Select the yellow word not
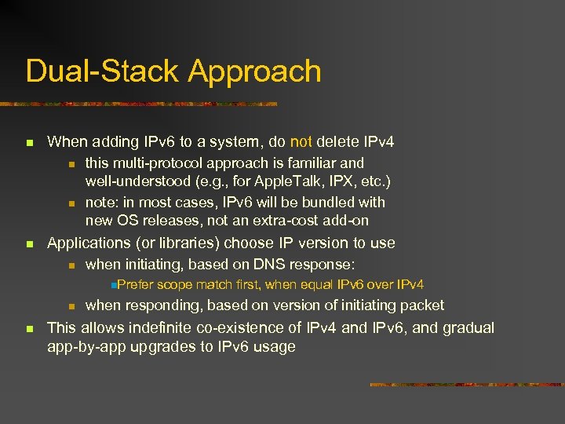coord(301,142)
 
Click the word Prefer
coord(136,284)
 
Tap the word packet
coord(424,305)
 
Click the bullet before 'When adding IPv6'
coord(29,143)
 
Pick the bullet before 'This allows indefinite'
coord(29,328)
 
